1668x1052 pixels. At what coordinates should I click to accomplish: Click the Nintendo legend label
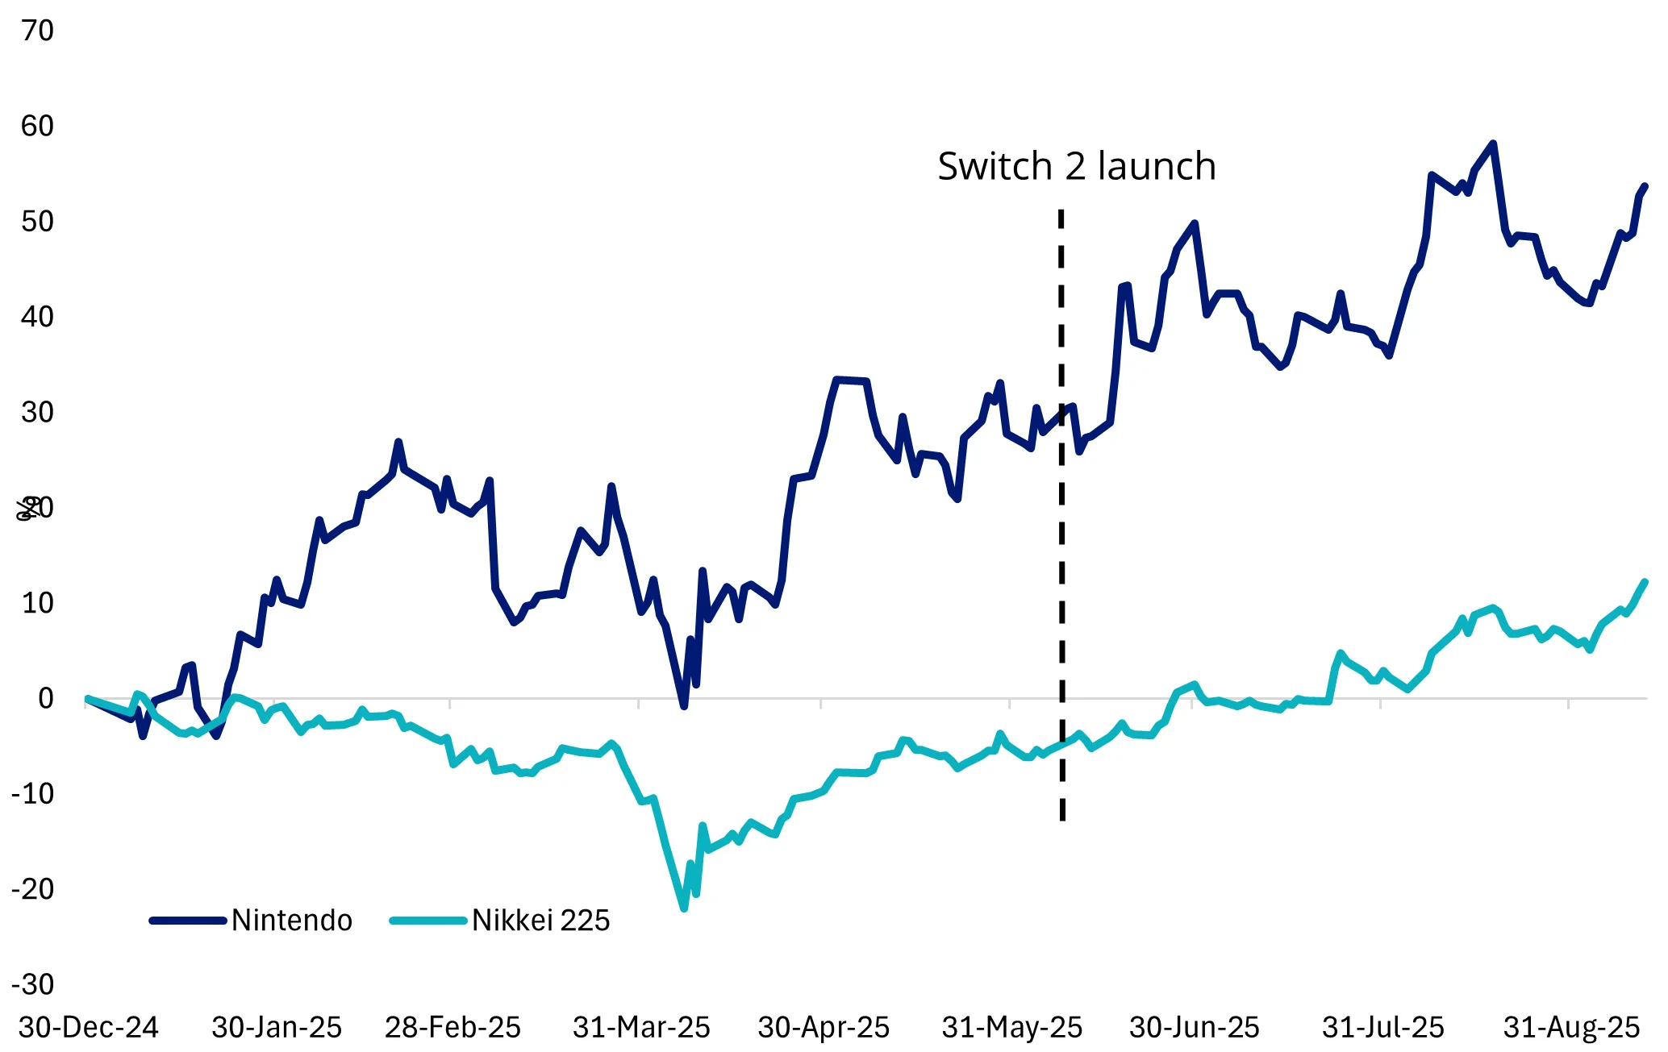[291, 921]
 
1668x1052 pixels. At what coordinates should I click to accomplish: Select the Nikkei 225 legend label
[540, 921]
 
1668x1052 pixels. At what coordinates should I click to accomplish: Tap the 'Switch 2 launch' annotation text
[1076, 167]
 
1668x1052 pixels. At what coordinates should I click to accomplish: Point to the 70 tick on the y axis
[37, 31]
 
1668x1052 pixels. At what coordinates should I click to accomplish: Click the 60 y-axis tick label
[37, 126]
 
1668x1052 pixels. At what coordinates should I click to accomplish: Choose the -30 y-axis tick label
[33, 984]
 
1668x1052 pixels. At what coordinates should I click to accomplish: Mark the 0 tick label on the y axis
[46, 698]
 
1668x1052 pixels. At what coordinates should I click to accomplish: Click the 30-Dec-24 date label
[89, 1028]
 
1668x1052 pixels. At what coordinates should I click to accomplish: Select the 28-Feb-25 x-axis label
[452, 1028]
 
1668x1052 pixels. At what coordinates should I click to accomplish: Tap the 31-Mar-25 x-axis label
[641, 1028]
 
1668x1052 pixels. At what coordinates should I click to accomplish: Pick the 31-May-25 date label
[1011, 1028]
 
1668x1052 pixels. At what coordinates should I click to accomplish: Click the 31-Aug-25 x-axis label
[1571, 1028]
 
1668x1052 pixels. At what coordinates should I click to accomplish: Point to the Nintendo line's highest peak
[1493, 143]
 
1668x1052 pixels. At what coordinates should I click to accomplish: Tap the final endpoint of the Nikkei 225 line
[1645, 581]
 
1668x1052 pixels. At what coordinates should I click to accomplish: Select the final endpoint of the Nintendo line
[1645, 186]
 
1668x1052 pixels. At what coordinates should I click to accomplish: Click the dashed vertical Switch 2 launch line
[1061, 564]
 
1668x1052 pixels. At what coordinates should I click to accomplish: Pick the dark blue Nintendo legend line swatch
[187, 921]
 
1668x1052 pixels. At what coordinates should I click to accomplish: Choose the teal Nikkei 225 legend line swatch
[427, 921]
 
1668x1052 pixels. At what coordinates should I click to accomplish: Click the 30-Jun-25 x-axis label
[1194, 1028]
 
